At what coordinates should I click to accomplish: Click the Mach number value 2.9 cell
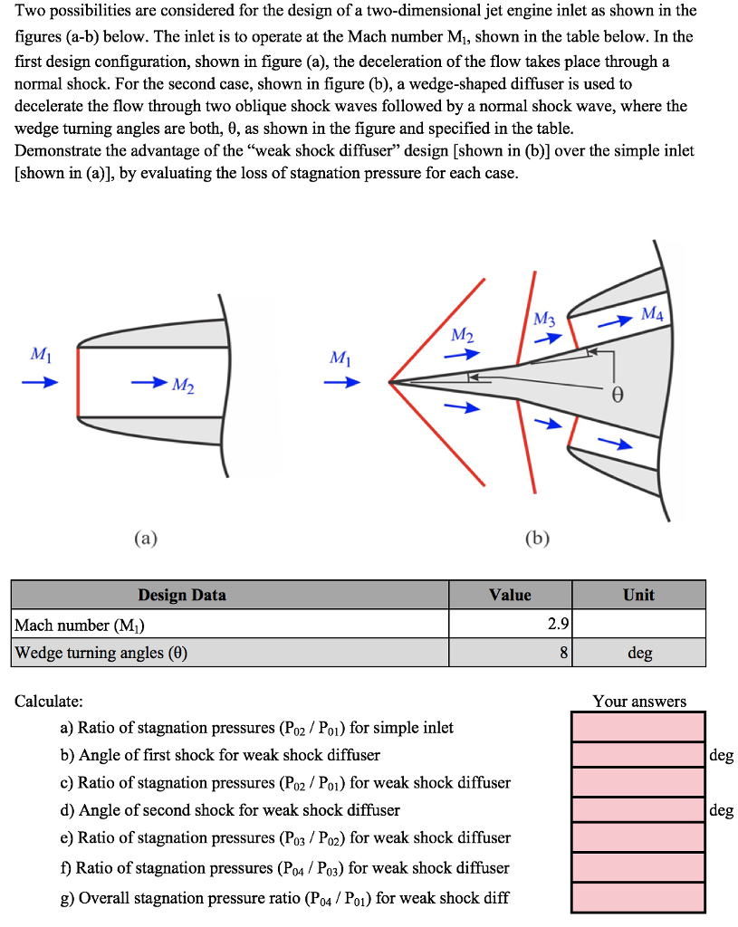click(x=510, y=625)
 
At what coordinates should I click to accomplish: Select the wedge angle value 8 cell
click(x=510, y=653)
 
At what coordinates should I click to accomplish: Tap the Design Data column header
click(x=182, y=595)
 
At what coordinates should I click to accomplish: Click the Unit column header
click(x=638, y=595)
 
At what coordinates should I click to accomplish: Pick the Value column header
click(x=510, y=595)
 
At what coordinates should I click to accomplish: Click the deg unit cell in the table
click(x=639, y=653)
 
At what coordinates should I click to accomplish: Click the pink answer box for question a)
click(x=637, y=726)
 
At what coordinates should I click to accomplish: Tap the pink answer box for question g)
click(x=637, y=897)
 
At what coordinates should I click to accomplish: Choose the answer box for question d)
click(x=637, y=810)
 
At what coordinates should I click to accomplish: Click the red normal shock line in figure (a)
click(x=79, y=381)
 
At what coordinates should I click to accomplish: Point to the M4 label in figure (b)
click(x=652, y=314)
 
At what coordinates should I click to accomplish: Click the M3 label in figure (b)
click(x=543, y=320)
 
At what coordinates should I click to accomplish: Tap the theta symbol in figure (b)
click(x=618, y=396)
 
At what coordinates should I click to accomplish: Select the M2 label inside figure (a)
click(x=184, y=387)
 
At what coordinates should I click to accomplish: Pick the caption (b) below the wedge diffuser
click(x=537, y=540)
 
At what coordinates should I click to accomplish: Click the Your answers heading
click(x=639, y=701)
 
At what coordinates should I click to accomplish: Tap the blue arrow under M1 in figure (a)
click(x=40, y=382)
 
